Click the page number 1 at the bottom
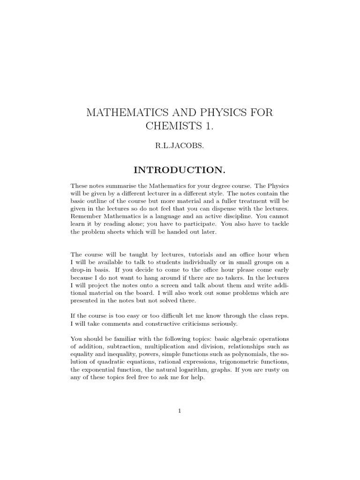180,411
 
